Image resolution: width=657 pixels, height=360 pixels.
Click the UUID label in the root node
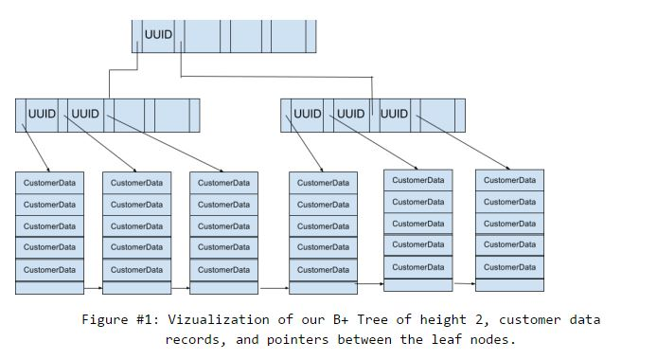coord(159,35)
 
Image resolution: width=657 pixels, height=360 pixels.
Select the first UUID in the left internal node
coord(43,114)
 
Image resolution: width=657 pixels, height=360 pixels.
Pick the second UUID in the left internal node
coord(85,114)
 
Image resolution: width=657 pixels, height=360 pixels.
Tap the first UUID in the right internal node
coord(308,114)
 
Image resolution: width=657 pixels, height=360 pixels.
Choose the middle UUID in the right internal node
coord(350,114)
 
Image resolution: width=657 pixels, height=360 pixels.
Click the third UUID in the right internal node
coord(394,114)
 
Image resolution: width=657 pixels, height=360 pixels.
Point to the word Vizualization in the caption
coord(214,320)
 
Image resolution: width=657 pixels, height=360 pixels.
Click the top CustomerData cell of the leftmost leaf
coord(49,182)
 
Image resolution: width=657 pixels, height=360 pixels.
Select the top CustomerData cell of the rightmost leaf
coord(509,180)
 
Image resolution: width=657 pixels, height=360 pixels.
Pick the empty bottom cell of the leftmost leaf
coord(49,287)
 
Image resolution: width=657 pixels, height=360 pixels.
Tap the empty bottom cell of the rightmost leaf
coord(509,284)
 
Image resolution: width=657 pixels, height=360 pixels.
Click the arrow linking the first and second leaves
coord(93,287)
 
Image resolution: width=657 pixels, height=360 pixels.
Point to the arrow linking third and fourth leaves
coord(273,287)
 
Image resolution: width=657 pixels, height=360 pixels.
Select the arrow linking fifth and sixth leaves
coord(463,282)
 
